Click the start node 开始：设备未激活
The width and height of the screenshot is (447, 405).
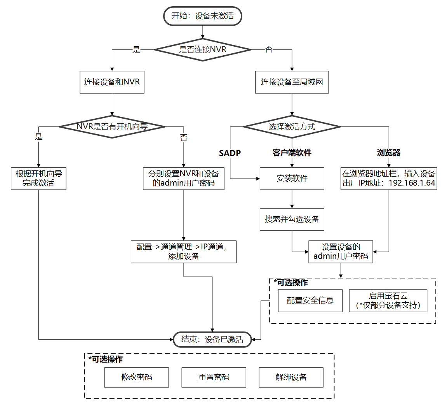coord(202,16)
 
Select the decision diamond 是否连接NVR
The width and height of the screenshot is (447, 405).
coord(202,49)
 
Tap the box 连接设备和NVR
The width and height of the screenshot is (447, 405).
coord(112,82)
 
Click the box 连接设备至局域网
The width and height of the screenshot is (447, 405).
coord(292,82)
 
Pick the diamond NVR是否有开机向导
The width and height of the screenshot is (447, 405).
coord(112,126)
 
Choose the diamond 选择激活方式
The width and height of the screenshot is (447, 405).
coord(292,126)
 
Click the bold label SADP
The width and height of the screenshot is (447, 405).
coord(230,153)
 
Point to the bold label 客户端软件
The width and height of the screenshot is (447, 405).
coord(292,153)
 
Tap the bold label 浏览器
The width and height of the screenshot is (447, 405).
coord(388,153)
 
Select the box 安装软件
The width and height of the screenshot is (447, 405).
coord(292,179)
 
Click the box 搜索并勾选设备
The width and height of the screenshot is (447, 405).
coord(292,219)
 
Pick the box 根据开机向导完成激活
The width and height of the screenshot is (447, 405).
coord(38,179)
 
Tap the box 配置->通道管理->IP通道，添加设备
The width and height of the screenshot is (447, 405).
coord(183,252)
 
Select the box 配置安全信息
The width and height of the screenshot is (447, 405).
coord(310,301)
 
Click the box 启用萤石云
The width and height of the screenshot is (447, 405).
coord(388,301)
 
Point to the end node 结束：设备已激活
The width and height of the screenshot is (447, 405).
coord(212,340)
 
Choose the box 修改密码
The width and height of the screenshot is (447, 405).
coord(136,377)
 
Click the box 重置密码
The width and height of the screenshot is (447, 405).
coord(214,377)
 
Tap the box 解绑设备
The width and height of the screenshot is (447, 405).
coord(291,377)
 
